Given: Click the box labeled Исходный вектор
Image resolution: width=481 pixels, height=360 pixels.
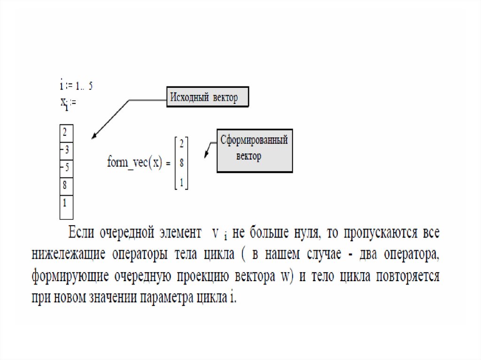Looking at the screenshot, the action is click(x=207, y=98).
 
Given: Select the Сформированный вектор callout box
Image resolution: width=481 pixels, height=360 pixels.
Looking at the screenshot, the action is click(x=254, y=150).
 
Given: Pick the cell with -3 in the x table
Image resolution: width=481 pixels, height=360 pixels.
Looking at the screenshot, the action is click(x=66, y=150).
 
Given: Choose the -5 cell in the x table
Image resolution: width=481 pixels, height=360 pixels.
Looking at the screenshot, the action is click(x=66, y=167).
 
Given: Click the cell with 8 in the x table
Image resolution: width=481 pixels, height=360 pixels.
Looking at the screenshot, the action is click(x=66, y=184).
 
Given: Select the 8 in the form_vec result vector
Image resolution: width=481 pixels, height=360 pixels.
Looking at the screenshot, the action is click(x=181, y=163).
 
